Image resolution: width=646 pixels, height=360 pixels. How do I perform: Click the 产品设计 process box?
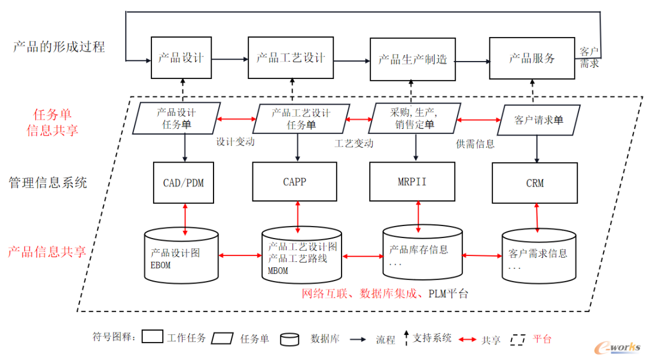point(181,58)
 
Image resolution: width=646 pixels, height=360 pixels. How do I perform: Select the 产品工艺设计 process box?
point(290,58)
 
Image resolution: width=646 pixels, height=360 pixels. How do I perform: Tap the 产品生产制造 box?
point(412,59)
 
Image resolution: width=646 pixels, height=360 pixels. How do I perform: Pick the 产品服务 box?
point(532,58)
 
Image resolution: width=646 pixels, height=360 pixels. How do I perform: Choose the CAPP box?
point(294,181)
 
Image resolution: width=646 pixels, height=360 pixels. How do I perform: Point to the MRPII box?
point(412,181)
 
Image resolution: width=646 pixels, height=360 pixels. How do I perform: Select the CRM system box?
point(535,183)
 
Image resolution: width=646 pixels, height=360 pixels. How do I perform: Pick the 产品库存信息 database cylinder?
point(422,252)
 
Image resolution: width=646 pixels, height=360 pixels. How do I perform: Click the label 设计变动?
point(235,142)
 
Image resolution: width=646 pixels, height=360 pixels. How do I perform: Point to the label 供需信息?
point(475,144)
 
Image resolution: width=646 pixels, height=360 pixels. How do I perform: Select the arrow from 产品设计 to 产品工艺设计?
point(230,59)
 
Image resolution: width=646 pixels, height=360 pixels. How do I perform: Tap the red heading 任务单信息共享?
point(52,122)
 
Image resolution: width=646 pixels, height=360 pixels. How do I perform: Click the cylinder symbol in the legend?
point(290,339)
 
